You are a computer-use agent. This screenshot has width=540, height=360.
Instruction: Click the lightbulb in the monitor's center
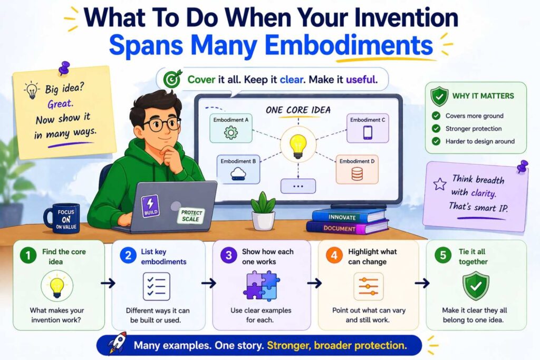click(x=298, y=144)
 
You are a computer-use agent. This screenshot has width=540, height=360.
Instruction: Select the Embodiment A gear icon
click(x=231, y=133)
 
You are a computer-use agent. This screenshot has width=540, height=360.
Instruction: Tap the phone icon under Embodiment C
click(x=368, y=133)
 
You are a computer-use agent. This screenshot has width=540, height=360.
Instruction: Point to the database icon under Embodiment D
click(x=357, y=174)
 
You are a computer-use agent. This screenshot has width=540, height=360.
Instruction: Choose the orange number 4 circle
click(x=334, y=256)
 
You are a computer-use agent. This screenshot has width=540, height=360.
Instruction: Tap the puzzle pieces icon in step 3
click(x=261, y=286)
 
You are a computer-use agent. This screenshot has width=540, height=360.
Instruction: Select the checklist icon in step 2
click(x=157, y=286)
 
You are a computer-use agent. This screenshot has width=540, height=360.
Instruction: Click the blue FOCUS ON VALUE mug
click(x=61, y=218)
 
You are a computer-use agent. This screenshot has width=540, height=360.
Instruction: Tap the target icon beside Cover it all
click(x=172, y=80)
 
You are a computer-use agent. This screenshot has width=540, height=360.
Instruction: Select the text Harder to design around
click(x=479, y=141)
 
